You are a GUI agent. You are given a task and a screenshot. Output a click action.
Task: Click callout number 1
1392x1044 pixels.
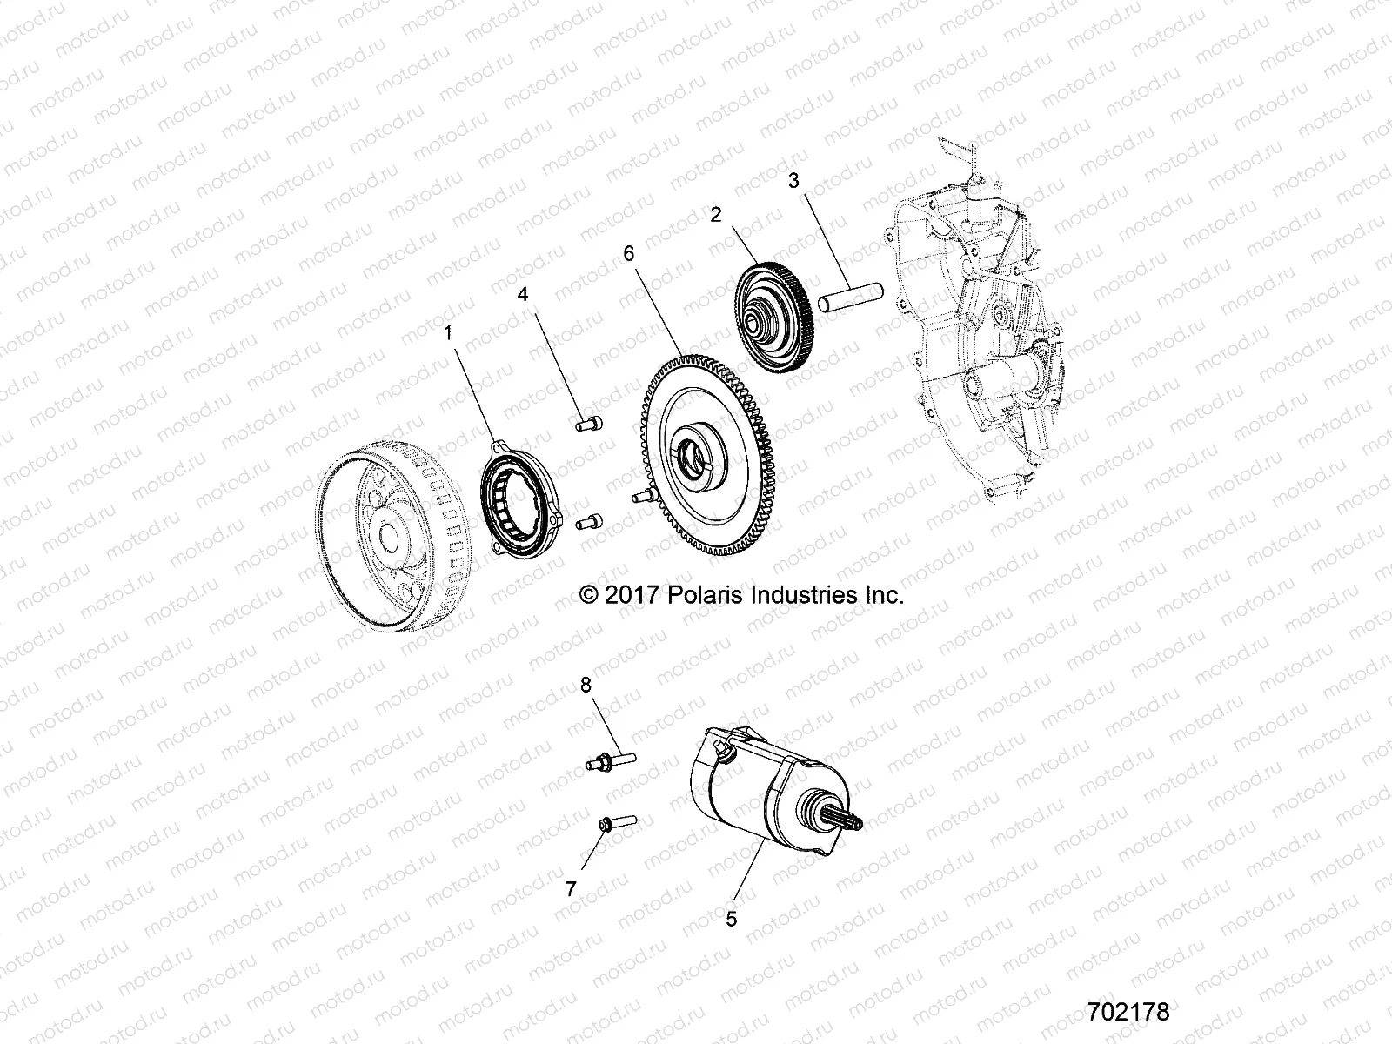pyautogui.click(x=449, y=332)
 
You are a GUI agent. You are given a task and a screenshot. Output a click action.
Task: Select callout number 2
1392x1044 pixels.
pyautogui.click(x=715, y=215)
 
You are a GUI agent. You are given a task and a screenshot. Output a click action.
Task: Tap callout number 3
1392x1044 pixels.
pyautogui.click(x=793, y=181)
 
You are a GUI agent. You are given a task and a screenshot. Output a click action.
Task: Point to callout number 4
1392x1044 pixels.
pyautogui.click(x=523, y=294)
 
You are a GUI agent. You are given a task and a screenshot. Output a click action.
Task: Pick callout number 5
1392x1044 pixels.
pyautogui.click(x=731, y=918)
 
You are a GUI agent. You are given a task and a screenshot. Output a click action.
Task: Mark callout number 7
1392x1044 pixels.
pyautogui.click(x=571, y=888)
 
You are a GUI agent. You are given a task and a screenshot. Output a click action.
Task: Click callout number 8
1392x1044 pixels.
pyautogui.click(x=586, y=686)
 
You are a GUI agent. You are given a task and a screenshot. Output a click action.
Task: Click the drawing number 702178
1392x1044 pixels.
pyautogui.click(x=1128, y=1013)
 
